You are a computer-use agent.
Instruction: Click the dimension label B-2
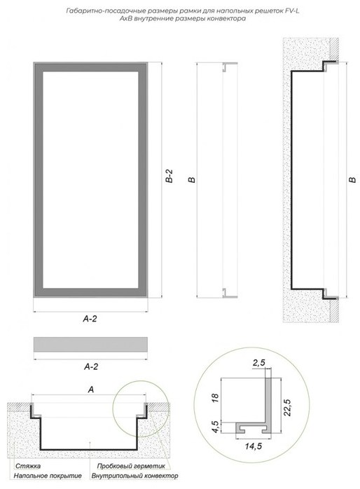tap(169, 177)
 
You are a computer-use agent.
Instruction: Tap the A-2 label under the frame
tap(90, 319)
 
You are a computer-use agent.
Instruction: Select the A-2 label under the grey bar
tap(91, 367)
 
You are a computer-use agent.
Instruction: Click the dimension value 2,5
tap(258, 363)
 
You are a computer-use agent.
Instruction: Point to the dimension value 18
tap(215, 398)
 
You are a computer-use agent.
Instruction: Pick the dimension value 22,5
tap(287, 407)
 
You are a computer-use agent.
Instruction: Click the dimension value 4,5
tap(215, 426)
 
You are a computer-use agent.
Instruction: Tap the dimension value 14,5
tap(253, 446)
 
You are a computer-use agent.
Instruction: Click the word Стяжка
tap(28, 467)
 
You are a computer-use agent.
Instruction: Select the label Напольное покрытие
tap(48, 476)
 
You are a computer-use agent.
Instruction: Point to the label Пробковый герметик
tap(131, 467)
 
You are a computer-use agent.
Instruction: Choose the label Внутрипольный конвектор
tap(134, 476)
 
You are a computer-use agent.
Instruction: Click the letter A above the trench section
tap(91, 390)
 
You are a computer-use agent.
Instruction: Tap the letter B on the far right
tap(352, 180)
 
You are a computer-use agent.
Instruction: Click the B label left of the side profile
tap(192, 180)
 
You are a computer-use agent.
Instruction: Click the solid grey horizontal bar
tap(90, 344)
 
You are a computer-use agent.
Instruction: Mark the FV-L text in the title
tap(291, 11)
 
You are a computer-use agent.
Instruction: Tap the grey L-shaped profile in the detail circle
tap(268, 402)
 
